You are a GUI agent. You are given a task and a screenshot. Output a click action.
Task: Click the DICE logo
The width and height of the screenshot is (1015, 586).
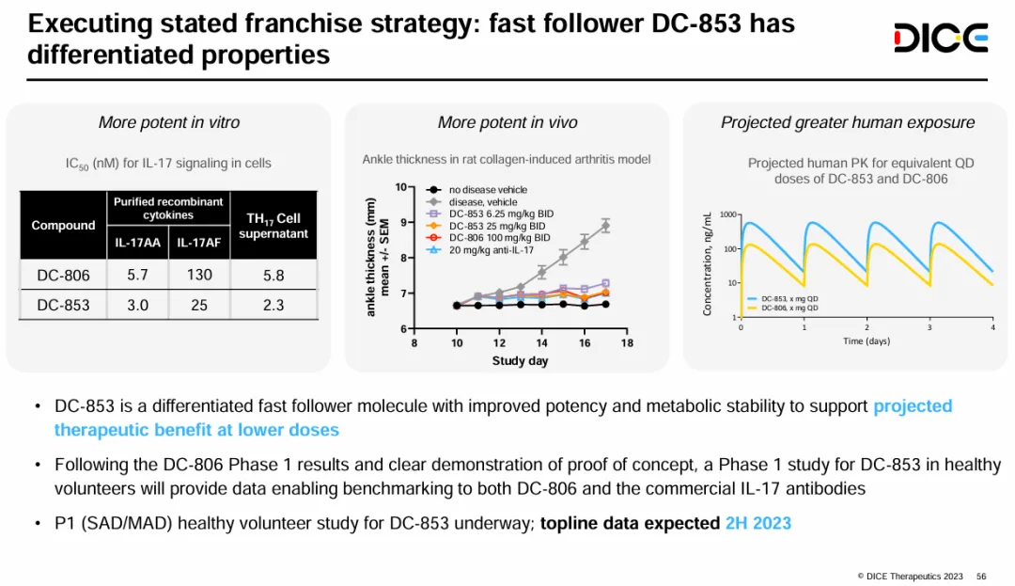pyautogui.click(x=940, y=39)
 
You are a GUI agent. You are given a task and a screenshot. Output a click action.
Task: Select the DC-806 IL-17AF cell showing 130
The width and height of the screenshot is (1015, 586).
pyautogui.click(x=199, y=275)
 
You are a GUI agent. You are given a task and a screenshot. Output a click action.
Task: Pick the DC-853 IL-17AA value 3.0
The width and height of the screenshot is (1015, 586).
pyautogui.click(x=137, y=306)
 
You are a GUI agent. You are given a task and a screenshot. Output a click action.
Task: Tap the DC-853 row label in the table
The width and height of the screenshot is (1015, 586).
pyautogui.click(x=63, y=306)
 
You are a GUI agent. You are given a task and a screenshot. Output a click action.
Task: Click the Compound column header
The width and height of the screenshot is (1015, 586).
pyautogui.click(x=63, y=226)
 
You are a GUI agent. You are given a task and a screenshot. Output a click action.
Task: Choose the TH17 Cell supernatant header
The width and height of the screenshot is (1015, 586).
pyautogui.click(x=273, y=226)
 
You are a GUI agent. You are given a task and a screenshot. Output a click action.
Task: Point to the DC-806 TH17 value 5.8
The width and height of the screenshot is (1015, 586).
pyautogui.click(x=273, y=276)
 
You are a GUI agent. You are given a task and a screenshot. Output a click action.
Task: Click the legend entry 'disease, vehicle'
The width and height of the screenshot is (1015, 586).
pyautogui.click(x=482, y=202)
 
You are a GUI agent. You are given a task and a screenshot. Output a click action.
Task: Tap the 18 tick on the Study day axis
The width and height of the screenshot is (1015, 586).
pyautogui.click(x=627, y=343)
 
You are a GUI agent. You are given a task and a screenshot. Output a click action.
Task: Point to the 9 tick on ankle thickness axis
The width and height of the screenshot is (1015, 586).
pyautogui.click(x=401, y=222)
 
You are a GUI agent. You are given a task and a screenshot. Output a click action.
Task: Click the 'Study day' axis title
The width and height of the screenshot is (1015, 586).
pyautogui.click(x=520, y=361)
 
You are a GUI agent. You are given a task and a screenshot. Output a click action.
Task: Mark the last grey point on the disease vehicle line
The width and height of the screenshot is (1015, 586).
pyautogui.click(x=605, y=226)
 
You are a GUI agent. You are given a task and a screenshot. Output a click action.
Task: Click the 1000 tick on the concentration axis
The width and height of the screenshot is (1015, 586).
pyautogui.click(x=728, y=215)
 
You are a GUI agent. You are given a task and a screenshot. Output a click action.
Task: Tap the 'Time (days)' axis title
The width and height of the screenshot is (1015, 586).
pyautogui.click(x=866, y=341)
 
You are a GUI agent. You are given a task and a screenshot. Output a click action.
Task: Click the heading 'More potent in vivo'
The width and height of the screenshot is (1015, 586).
pyautogui.click(x=507, y=123)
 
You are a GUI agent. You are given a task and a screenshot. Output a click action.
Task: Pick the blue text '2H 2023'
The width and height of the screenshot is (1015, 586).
pyautogui.click(x=757, y=523)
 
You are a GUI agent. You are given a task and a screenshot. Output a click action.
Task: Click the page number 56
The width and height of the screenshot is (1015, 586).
pyautogui.click(x=981, y=576)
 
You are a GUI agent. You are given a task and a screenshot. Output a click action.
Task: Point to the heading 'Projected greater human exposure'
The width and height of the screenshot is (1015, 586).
pyautogui.click(x=847, y=123)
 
